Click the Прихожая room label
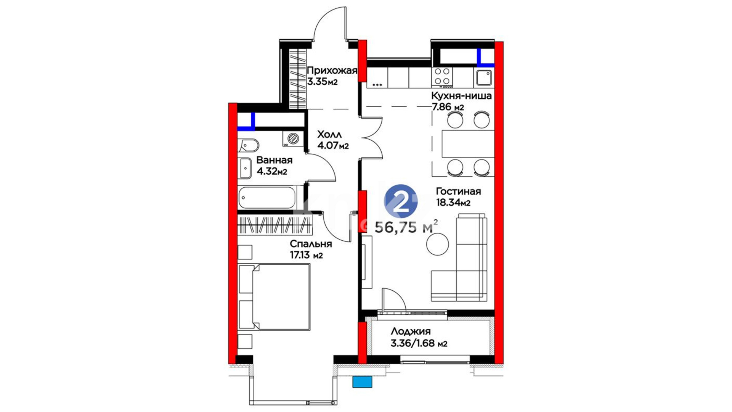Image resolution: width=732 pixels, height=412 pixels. (x=332, y=71)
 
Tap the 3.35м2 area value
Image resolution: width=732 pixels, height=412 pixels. (x=323, y=82)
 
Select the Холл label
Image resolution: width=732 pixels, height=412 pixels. (x=329, y=134)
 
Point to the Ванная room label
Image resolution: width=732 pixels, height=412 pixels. (x=274, y=160)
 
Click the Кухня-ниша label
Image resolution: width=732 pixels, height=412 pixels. (x=461, y=96)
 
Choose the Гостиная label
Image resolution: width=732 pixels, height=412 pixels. (x=458, y=191)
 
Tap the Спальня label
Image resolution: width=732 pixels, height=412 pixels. (x=311, y=244)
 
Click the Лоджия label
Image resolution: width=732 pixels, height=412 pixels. (x=411, y=332)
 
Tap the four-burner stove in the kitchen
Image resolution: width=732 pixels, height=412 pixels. (x=442, y=76)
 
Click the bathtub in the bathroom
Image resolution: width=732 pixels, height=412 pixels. (x=267, y=197)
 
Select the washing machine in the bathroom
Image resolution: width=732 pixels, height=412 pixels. (x=293, y=138)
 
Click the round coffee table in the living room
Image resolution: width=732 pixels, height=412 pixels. (x=438, y=244)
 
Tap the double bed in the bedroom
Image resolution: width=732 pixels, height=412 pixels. (x=274, y=297)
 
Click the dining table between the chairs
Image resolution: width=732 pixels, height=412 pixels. (x=468, y=144)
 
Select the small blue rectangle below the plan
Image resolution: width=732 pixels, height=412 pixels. (x=362, y=382)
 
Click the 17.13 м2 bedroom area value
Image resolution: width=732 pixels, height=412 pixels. (x=306, y=255)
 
